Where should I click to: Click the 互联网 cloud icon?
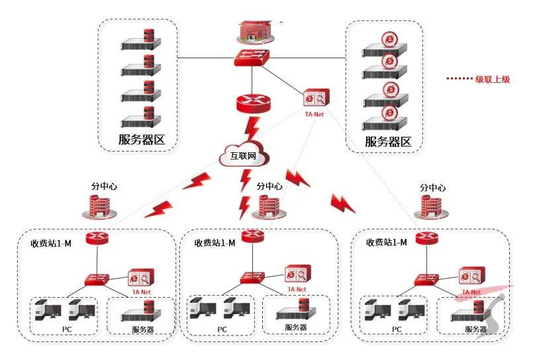[x=243, y=156]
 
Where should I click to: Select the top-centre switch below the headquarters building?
[x=253, y=58]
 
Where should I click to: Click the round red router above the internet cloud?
[x=253, y=102]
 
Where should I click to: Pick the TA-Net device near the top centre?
[x=315, y=99]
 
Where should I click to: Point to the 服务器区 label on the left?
[x=141, y=140]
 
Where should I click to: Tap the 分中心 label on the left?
[x=104, y=187]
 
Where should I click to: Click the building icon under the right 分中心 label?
[x=431, y=207]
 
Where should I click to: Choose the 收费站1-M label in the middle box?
[x=215, y=243]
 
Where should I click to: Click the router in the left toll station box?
[x=97, y=238]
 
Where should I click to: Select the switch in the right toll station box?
[x=425, y=280]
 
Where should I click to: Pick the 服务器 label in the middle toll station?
[x=295, y=328]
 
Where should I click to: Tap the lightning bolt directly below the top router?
[x=252, y=129]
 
